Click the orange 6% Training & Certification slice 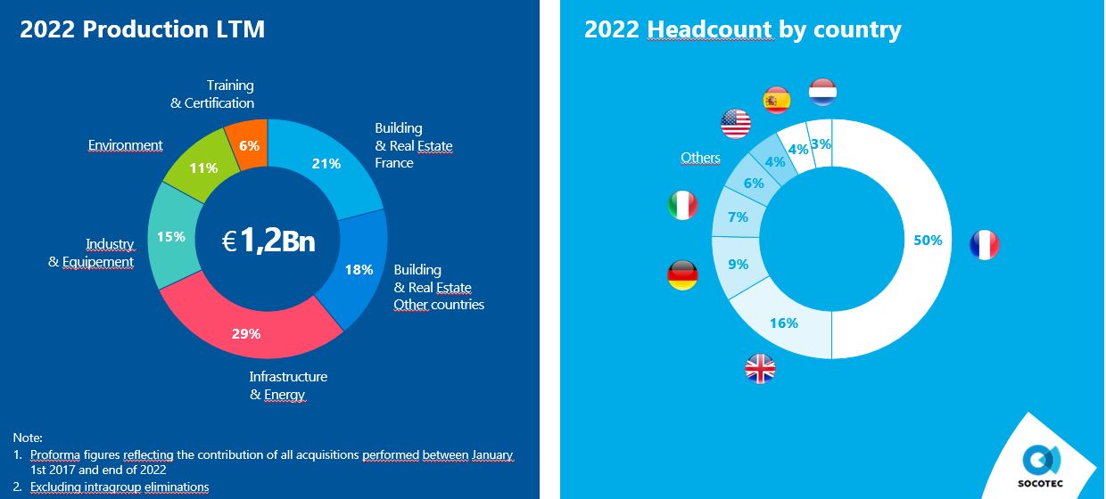tap(248, 145)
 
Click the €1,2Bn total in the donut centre tap(268, 241)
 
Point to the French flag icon tap(985, 244)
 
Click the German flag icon tap(682, 275)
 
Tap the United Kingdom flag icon tap(760, 369)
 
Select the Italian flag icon tap(682, 205)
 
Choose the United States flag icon tap(736, 123)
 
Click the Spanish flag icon tap(777, 100)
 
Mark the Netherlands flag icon tap(822, 92)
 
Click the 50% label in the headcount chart tap(928, 240)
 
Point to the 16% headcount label tap(784, 323)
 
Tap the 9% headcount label tap(739, 265)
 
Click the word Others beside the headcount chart tap(700, 158)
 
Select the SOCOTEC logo tap(1040, 466)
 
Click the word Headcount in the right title tap(709, 29)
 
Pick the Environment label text tap(125, 145)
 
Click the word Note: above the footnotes tap(28, 438)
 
